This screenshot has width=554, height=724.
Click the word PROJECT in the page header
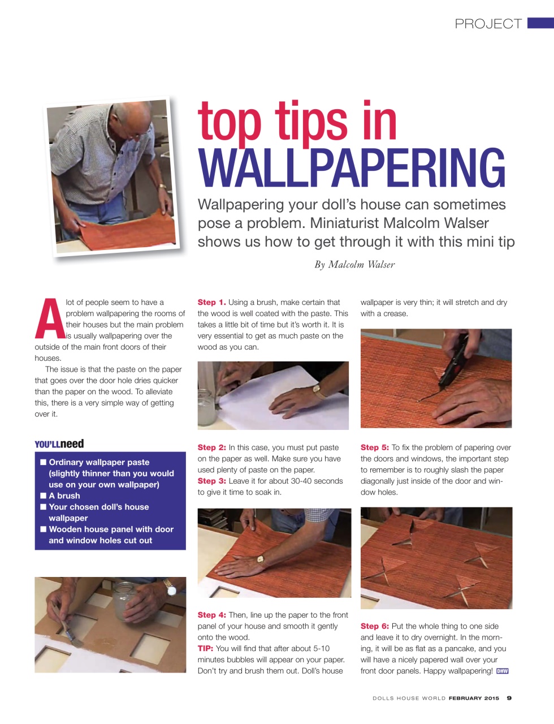[488, 24]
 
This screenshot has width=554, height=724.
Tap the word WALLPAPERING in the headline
[352, 168]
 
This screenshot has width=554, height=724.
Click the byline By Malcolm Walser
[354, 265]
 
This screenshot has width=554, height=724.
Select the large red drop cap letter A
[50, 318]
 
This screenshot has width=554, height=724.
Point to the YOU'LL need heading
[59, 444]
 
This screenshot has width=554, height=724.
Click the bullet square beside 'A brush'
[44, 495]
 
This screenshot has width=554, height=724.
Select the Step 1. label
[212, 303]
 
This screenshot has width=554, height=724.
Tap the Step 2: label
[212, 447]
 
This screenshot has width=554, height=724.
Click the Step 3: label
[212, 481]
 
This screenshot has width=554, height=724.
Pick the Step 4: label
[212, 615]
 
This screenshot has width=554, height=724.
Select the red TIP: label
[205, 648]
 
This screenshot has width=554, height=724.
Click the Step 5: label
[375, 447]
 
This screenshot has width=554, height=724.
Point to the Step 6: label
[375, 626]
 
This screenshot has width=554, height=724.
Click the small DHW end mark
[502, 671]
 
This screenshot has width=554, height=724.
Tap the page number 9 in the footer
[509, 698]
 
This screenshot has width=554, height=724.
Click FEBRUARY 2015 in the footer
[474, 698]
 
